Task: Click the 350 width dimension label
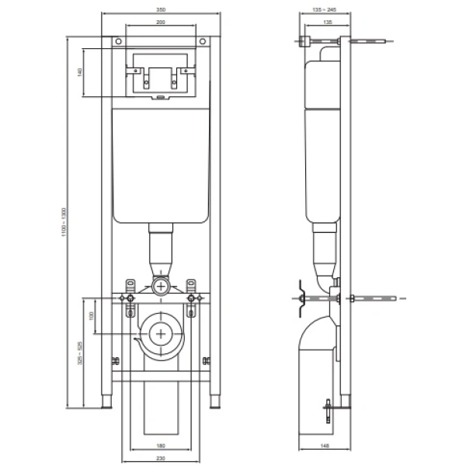[160, 9]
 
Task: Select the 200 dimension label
[160, 23]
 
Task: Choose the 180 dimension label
[161, 446]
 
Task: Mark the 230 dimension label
[161, 458]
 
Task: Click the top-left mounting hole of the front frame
[116, 41]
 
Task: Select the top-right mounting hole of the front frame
[203, 41]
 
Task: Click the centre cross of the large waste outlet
[161, 333]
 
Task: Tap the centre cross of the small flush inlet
[161, 286]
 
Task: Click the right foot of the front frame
[214, 403]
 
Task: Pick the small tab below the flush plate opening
[160, 98]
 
